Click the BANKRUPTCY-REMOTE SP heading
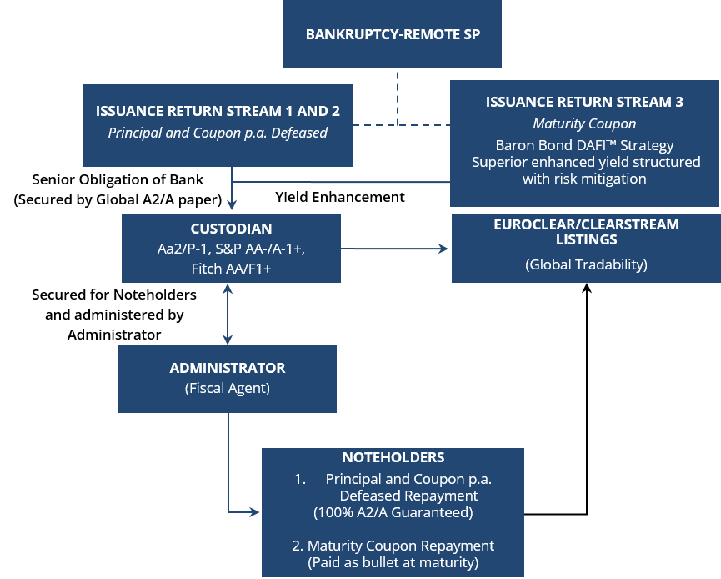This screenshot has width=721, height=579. pyautogui.click(x=393, y=35)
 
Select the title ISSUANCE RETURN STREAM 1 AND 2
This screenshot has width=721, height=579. pyautogui.click(x=218, y=110)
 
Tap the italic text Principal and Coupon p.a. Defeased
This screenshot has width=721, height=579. pyautogui.click(x=218, y=132)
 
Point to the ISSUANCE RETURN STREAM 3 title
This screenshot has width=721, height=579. pyautogui.click(x=584, y=102)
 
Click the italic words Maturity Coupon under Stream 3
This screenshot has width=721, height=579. pyautogui.click(x=584, y=123)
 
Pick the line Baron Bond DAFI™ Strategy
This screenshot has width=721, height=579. pyautogui.click(x=584, y=145)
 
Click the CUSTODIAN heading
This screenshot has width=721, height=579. pyautogui.click(x=231, y=228)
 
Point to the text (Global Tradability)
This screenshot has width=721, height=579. pyautogui.click(x=586, y=264)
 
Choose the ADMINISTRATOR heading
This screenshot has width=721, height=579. pyautogui.click(x=228, y=368)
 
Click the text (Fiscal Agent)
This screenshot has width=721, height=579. pyautogui.click(x=228, y=388)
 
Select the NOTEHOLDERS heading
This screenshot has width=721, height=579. pyautogui.click(x=393, y=457)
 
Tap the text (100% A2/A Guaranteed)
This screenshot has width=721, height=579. pyautogui.click(x=393, y=511)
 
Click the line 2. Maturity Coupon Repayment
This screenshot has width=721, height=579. pyautogui.click(x=393, y=546)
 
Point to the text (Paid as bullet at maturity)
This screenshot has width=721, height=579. pyautogui.click(x=393, y=563)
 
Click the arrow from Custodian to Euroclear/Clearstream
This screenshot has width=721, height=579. pyautogui.click(x=396, y=249)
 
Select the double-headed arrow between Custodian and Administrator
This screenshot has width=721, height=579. pyautogui.click(x=228, y=314)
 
